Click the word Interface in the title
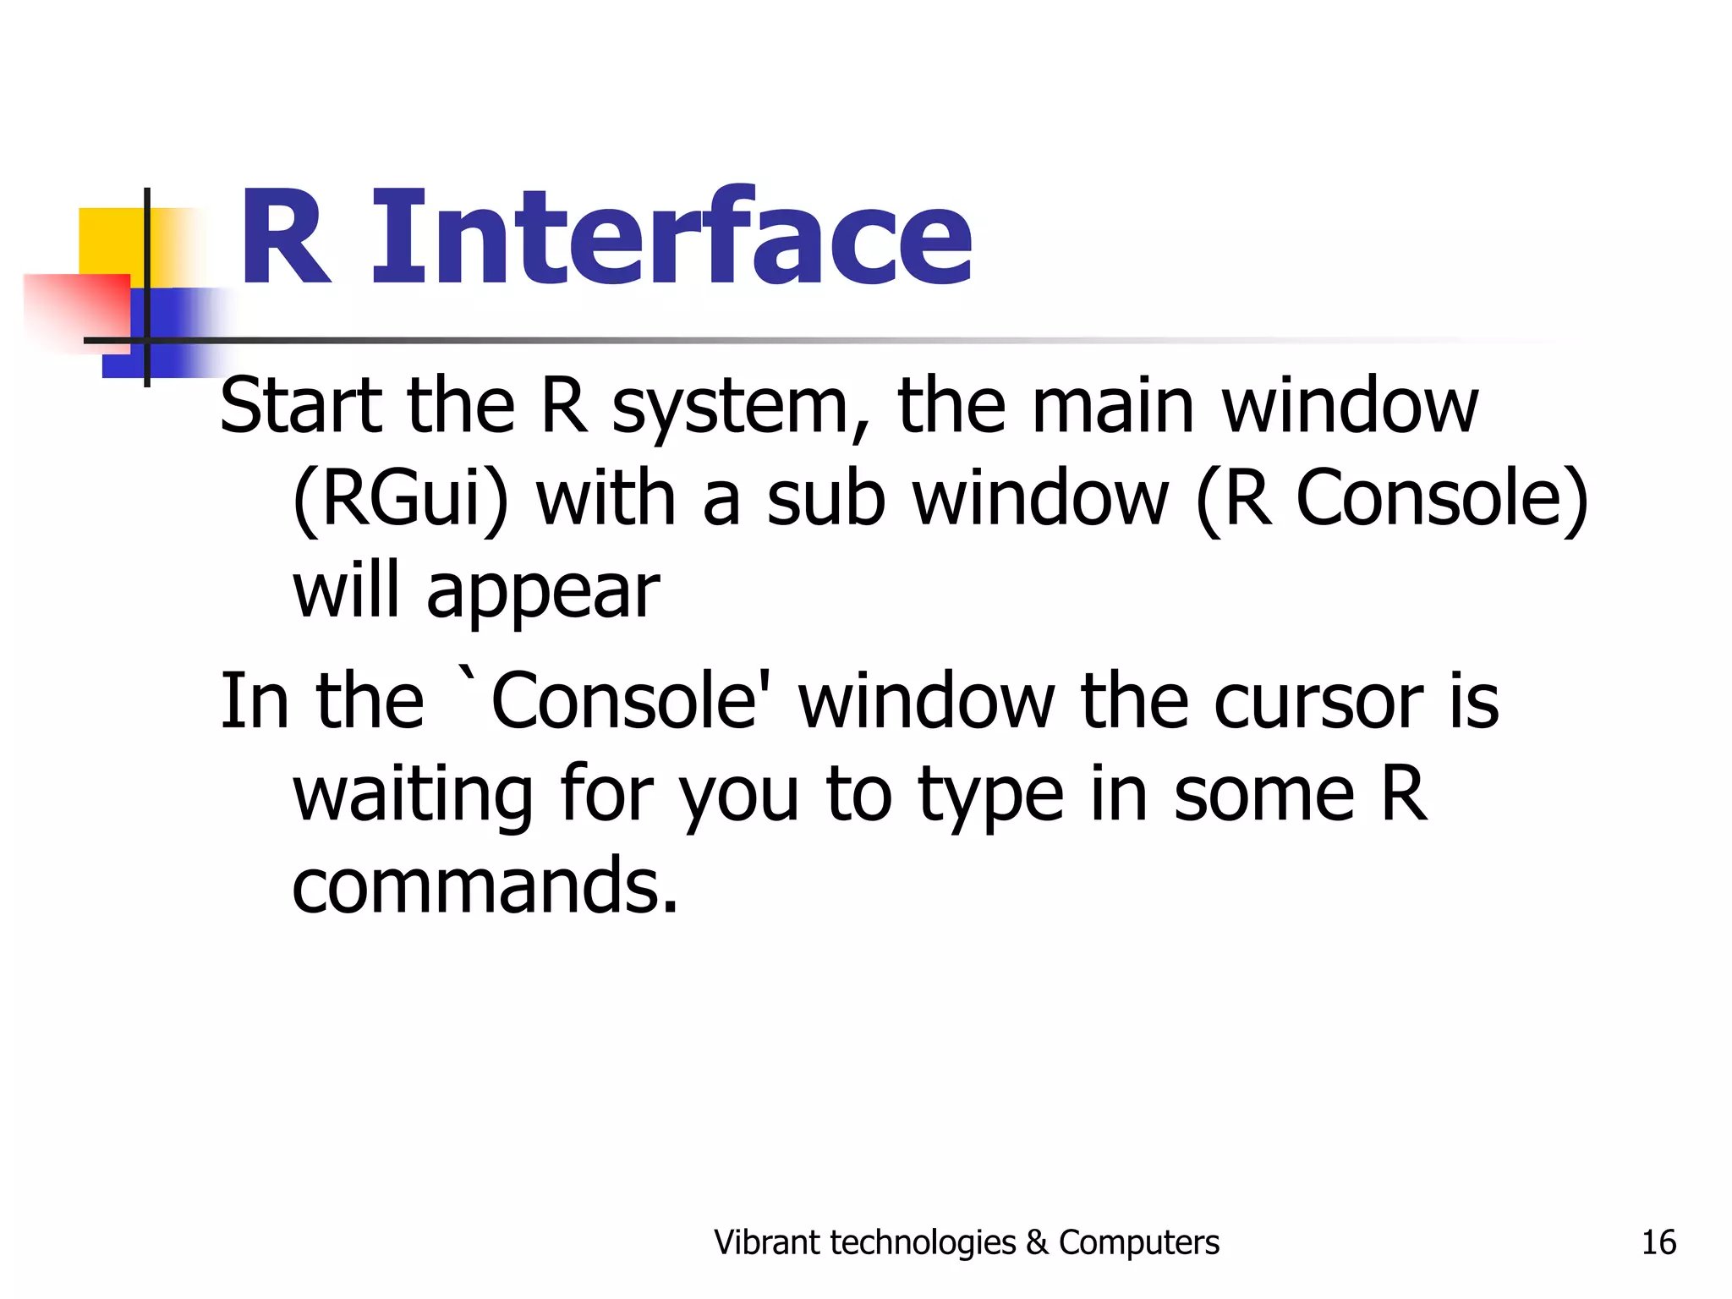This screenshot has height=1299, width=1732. point(672,238)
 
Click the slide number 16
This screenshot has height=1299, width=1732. point(1658,1242)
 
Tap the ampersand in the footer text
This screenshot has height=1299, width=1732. point(1036,1242)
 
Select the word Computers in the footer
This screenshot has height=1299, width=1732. point(1138,1242)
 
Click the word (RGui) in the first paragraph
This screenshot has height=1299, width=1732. point(400,501)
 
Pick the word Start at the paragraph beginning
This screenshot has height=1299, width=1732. point(301,407)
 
